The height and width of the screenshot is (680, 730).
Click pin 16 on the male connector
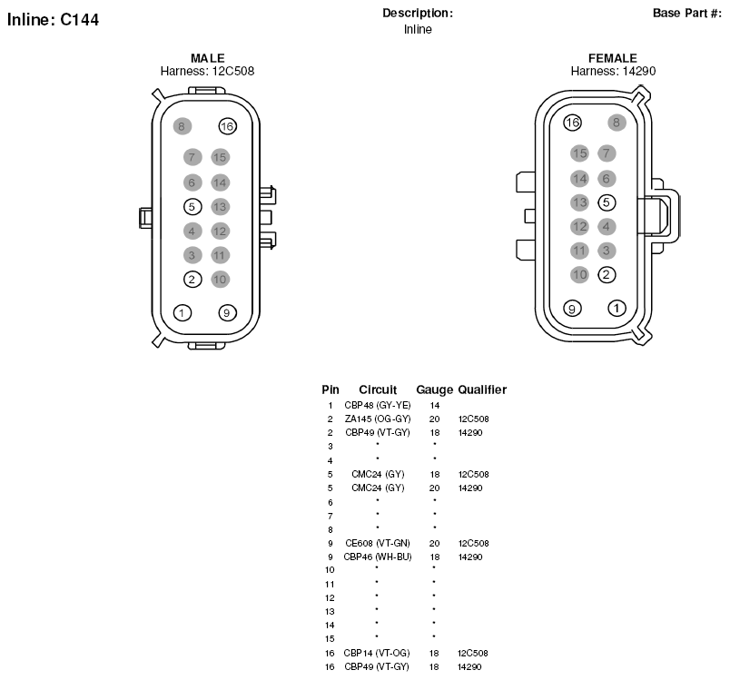(x=228, y=126)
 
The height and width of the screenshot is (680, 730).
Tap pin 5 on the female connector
(x=607, y=202)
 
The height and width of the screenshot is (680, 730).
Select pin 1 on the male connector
(x=182, y=313)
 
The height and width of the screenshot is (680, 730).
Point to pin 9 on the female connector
(x=572, y=308)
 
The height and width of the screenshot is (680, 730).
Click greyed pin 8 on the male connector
(x=182, y=126)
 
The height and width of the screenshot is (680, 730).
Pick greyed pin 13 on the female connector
(x=579, y=202)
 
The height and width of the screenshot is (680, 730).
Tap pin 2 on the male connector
(x=192, y=280)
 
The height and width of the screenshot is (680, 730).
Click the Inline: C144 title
(x=53, y=20)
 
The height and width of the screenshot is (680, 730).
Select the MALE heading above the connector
(x=208, y=58)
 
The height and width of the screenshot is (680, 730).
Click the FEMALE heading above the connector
(x=613, y=58)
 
